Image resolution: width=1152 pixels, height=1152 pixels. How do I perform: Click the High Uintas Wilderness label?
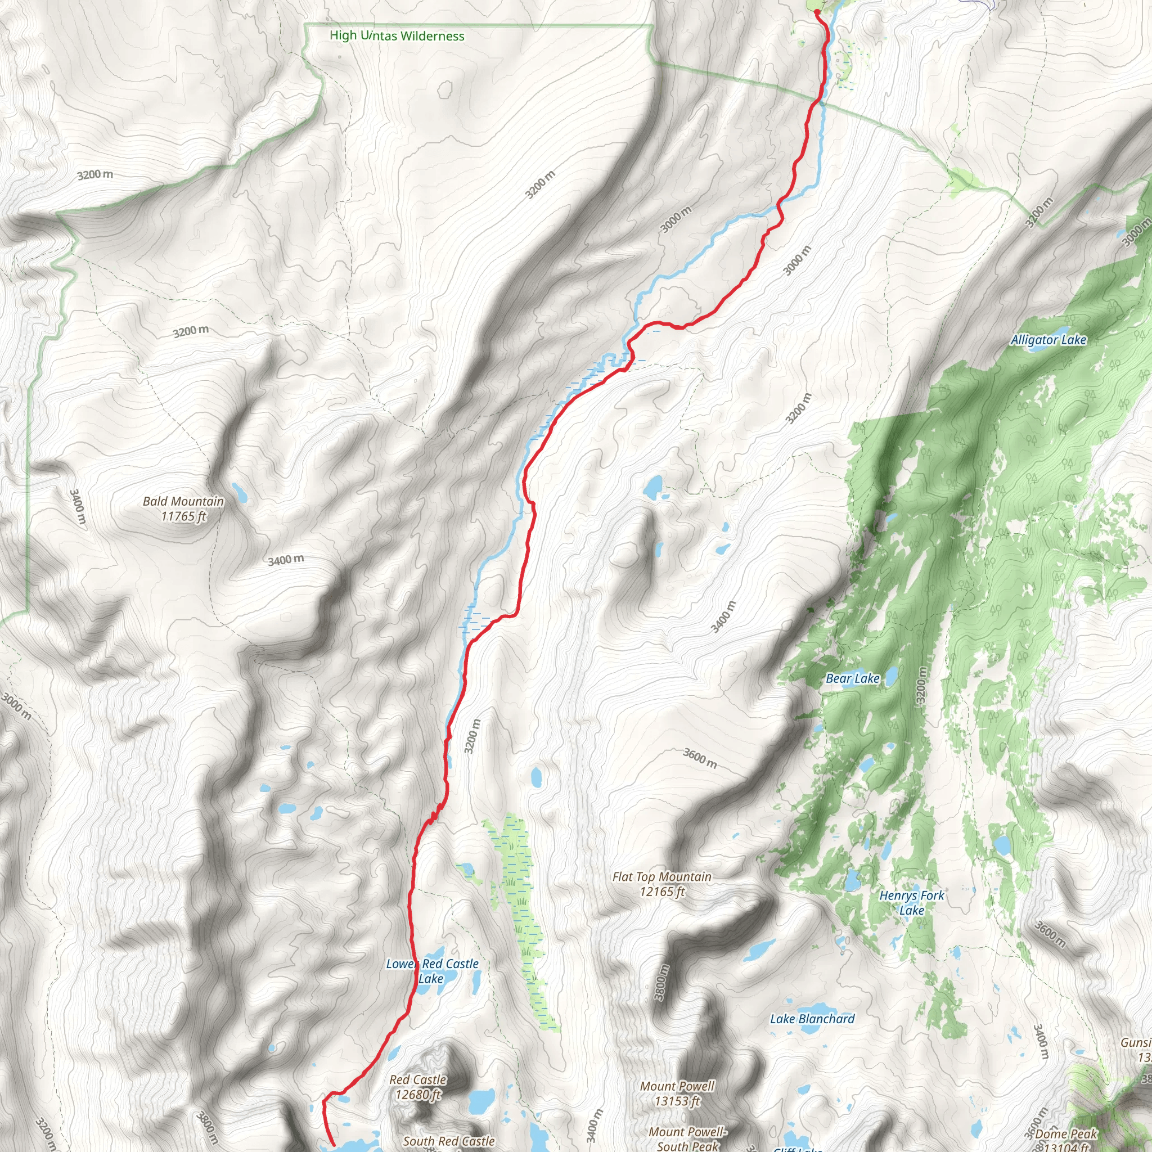click(x=397, y=36)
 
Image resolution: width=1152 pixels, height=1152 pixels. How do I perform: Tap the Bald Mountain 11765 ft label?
click(x=183, y=508)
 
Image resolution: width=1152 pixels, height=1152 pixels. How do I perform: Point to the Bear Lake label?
click(x=852, y=678)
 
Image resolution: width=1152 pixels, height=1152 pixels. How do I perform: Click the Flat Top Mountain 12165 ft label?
click(x=662, y=884)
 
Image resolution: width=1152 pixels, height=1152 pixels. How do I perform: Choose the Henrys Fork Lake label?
click(x=912, y=903)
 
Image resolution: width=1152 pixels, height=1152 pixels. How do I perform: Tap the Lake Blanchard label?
click(x=812, y=1019)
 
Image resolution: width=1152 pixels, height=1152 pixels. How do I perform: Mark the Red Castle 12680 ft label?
click(x=417, y=1087)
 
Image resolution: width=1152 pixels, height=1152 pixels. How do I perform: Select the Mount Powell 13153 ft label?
click(x=677, y=1093)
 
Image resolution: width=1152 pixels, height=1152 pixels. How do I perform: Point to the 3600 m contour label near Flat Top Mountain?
click(x=699, y=758)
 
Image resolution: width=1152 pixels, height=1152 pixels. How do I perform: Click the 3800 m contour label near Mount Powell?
click(x=661, y=982)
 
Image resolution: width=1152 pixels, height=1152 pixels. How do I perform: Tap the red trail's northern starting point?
click(x=816, y=11)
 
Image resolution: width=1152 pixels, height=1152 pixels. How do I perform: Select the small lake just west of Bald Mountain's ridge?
click(x=240, y=492)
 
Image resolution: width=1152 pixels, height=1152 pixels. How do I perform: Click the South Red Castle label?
click(x=448, y=1141)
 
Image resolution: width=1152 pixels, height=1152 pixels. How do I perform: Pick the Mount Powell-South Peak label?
click(x=687, y=1138)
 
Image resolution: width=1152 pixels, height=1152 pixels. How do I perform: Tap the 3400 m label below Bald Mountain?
click(x=286, y=560)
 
